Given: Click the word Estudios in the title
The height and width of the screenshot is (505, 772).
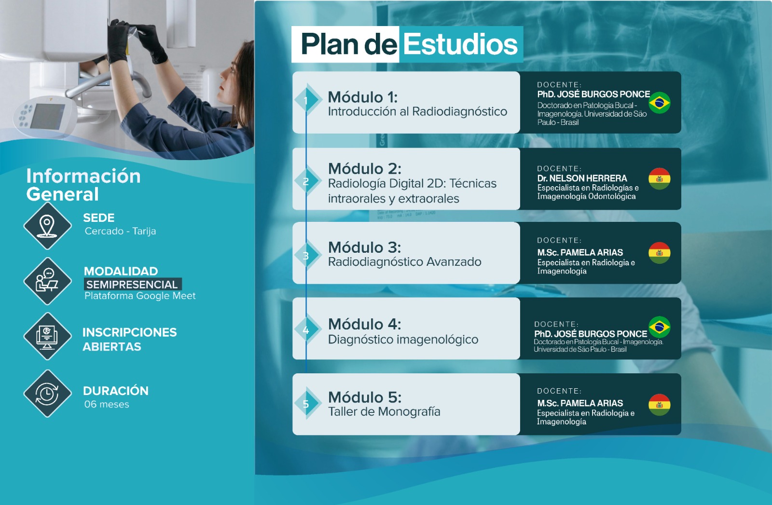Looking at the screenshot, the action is tap(460, 44).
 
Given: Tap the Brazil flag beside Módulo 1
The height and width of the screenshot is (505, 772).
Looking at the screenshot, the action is tap(659, 103).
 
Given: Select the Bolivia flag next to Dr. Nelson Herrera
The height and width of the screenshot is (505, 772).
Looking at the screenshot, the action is tap(659, 179).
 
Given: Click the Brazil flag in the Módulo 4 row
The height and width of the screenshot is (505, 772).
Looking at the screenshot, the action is tap(659, 327).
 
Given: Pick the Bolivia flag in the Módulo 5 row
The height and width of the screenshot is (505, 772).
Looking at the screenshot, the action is tap(659, 404).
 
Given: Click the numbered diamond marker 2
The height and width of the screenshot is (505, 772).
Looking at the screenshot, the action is tap(306, 180).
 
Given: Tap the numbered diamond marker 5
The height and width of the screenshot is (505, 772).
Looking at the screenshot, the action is tap(306, 403).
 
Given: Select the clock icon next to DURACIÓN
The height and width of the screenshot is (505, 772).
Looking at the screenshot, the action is tap(47, 394).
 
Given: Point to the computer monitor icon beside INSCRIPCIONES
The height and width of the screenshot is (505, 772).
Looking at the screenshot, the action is tap(47, 336).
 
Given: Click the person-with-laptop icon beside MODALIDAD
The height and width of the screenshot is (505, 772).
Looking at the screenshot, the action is tap(47, 281).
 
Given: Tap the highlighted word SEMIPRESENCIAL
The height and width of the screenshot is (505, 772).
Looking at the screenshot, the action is tap(132, 285).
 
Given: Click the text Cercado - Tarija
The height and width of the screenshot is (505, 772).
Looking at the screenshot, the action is tap(120, 231).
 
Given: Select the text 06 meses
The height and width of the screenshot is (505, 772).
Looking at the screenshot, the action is tap(107, 404).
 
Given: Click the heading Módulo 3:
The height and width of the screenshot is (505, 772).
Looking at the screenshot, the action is tap(365, 247).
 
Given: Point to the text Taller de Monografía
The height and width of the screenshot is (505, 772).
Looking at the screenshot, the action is tap(384, 411).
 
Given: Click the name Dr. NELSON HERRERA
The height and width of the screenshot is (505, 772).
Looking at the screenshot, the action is tap(582, 178).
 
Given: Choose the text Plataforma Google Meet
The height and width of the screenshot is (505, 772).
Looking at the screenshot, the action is tap(140, 296).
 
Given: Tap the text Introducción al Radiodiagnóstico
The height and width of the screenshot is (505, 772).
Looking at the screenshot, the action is tap(417, 111).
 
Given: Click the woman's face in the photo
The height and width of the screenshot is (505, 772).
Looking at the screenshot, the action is tap(232, 74).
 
